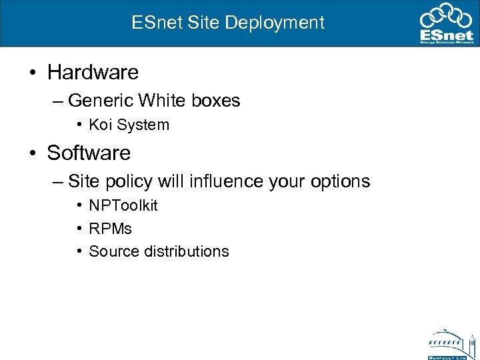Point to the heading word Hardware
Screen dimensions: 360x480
pyautogui.click(x=93, y=71)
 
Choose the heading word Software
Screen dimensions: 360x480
pyautogui.click(x=89, y=153)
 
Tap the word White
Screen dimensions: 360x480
pyautogui.click(x=162, y=101)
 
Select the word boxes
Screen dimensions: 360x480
pyautogui.click(x=215, y=101)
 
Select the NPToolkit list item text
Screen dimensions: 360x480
pyautogui.click(x=123, y=205)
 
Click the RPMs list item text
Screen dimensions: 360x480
pyautogui.click(x=110, y=229)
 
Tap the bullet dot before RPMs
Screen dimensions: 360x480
pyautogui.click(x=79, y=229)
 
